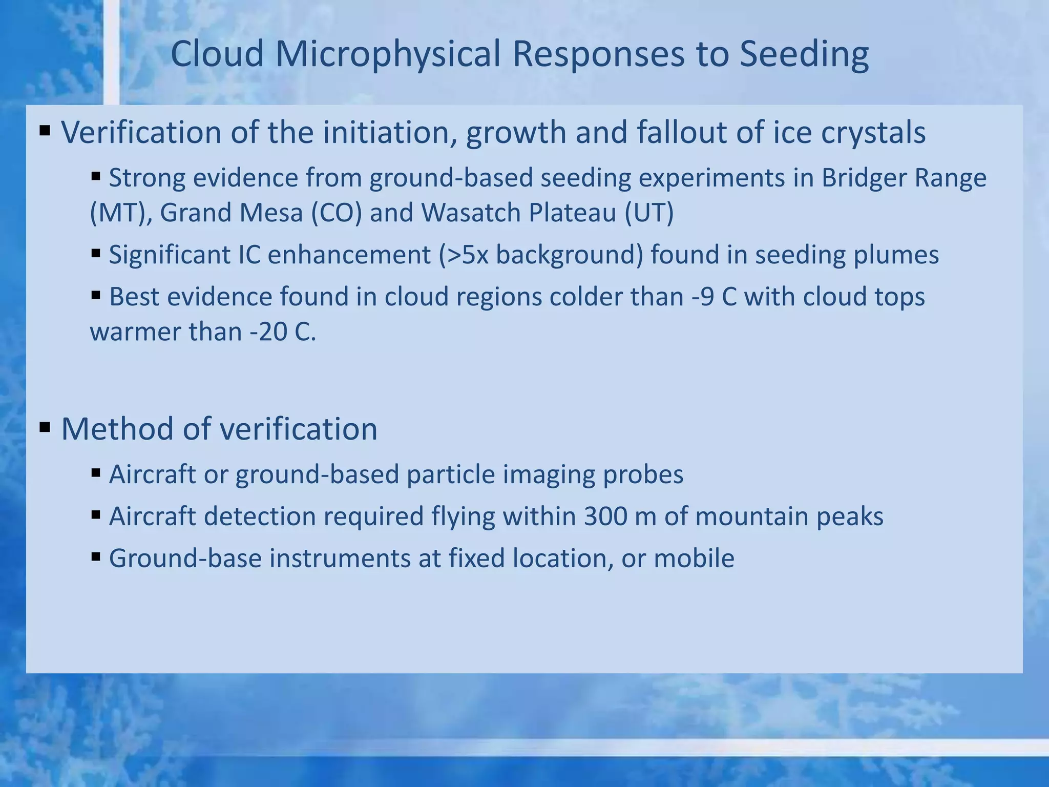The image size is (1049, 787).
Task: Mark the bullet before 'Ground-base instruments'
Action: point(96,556)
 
